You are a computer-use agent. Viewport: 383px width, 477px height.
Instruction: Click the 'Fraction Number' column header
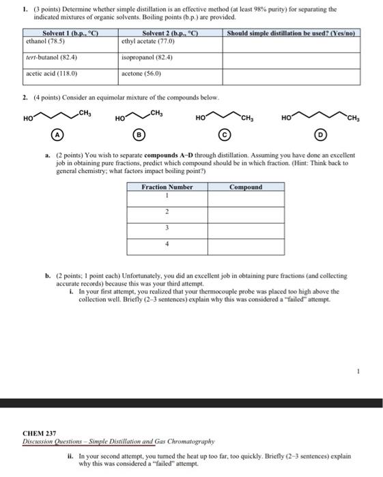[167, 187]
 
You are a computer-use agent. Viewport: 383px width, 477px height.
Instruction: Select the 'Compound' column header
[245, 187]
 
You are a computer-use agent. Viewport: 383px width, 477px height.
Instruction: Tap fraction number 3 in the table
[167, 229]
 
